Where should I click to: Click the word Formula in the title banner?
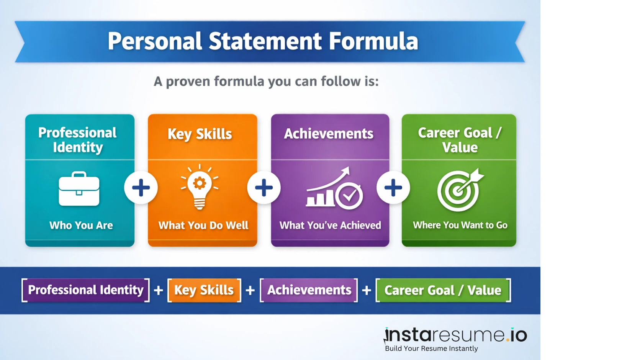pos(373,41)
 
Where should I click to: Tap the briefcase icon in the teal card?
pos(79,189)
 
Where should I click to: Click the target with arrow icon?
pos(460,190)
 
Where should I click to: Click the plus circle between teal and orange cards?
pos(141,188)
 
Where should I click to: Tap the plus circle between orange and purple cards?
pos(264,188)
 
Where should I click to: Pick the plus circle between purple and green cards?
pos(393,188)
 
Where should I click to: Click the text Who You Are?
pos(81,225)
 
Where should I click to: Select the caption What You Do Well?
pos(203,225)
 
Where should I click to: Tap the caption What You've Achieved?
pos(330,225)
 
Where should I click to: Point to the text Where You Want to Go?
pos(460,225)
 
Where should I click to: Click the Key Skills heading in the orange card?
pos(200,134)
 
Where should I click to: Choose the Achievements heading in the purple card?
pos(329,134)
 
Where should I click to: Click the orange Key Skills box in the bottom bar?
pos(204,290)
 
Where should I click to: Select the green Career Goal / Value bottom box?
pos(443,290)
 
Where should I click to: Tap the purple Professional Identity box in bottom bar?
pos(86,290)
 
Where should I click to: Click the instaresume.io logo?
pos(456,335)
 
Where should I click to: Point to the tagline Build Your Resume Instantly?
pos(431,349)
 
